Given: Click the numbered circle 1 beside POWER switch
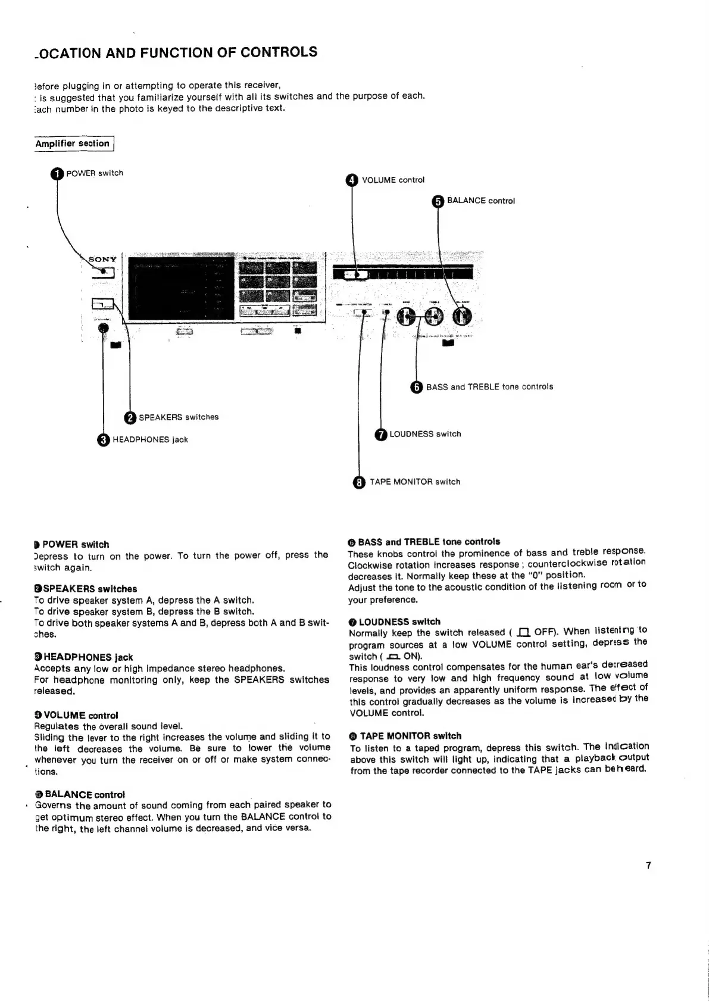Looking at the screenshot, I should (x=57, y=174).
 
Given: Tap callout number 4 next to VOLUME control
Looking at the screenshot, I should (x=352, y=180).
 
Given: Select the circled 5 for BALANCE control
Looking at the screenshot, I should (x=438, y=201).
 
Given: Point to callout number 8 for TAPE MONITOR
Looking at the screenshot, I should (x=359, y=482).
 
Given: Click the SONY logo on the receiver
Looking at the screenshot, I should (x=102, y=260).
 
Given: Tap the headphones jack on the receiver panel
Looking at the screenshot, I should (x=103, y=329).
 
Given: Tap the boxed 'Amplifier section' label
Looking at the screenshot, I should (x=73, y=143).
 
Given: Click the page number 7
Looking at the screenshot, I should (x=648, y=865).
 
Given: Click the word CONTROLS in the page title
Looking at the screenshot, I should (x=279, y=52).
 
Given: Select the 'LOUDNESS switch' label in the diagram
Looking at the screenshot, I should (x=425, y=434).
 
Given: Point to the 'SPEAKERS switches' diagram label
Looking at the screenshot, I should (x=178, y=417).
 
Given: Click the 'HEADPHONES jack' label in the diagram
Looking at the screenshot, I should (x=150, y=440).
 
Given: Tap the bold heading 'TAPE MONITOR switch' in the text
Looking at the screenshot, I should (x=410, y=736).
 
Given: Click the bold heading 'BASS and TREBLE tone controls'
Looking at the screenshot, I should (x=429, y=542).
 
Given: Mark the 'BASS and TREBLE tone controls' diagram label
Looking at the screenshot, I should (x=489, y=387).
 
